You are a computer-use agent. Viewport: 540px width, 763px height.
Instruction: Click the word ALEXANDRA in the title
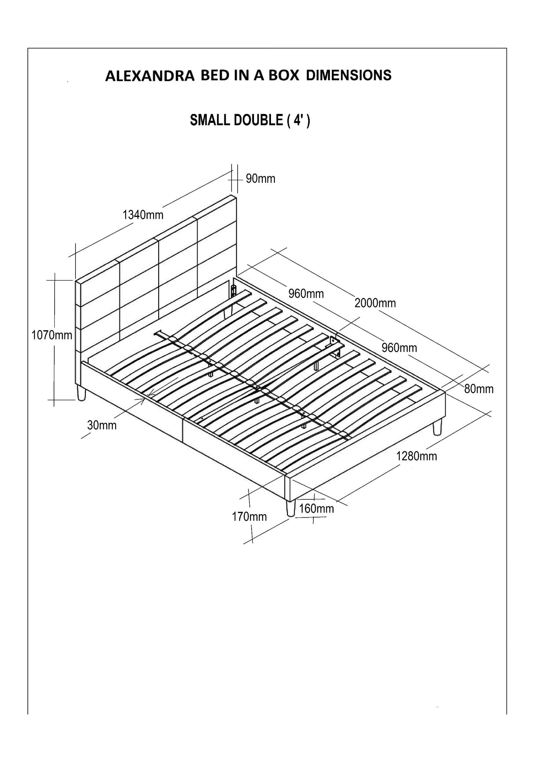tap(150, 76)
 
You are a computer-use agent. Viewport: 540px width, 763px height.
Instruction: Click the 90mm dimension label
tap(260, 179)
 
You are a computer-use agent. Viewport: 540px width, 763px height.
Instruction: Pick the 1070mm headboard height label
tap(52, 335)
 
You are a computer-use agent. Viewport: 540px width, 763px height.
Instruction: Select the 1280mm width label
tap(416, 456)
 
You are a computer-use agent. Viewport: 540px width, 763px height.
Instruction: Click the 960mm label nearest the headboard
tap(306, 294)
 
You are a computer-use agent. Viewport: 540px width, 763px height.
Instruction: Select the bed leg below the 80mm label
tap(437, 428)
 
